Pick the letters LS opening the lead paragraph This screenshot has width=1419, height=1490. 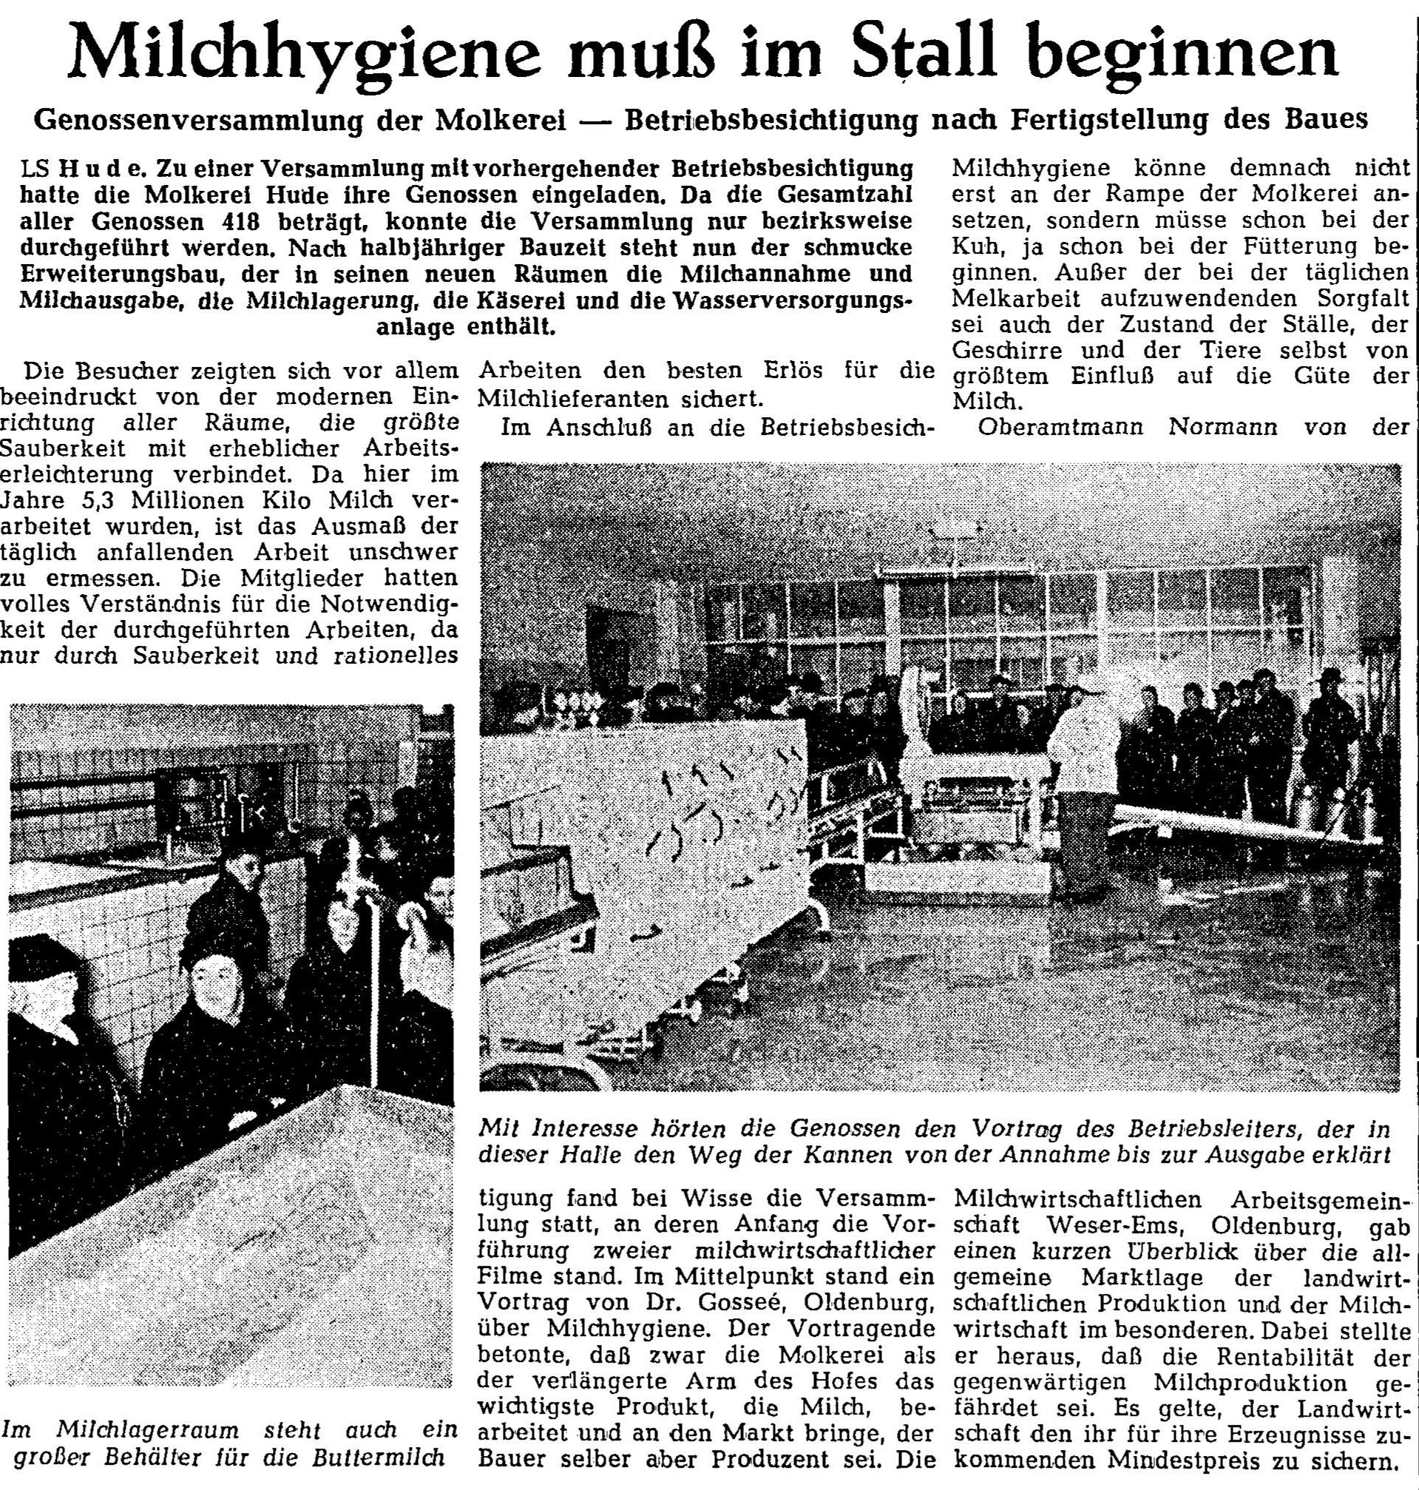tap(35, 168)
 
